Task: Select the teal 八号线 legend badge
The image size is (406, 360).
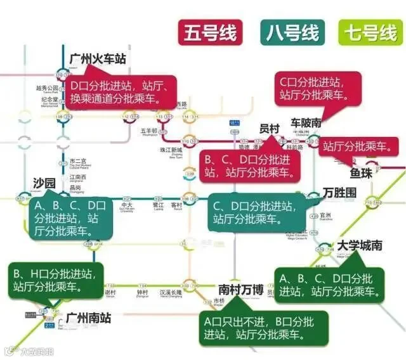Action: click(292, 32)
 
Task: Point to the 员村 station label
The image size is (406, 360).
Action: click(270, 128)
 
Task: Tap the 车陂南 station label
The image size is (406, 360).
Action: click(306, 122)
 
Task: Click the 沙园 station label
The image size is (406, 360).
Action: click(44, 183)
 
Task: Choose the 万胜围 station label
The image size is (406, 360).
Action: click(339, 191)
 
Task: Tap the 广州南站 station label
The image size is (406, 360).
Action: click(88, 318)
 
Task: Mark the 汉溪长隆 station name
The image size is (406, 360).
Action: click(170, 293)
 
